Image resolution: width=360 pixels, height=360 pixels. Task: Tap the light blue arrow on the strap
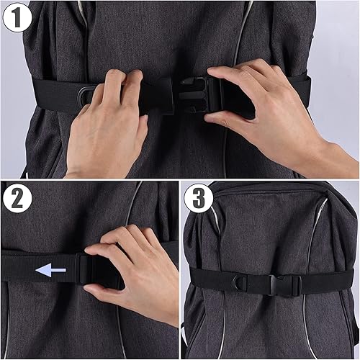pos(50,271)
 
